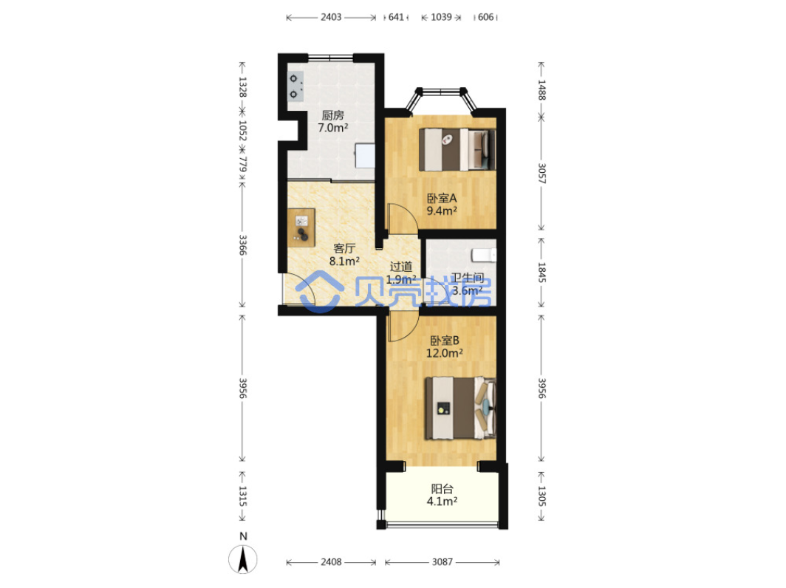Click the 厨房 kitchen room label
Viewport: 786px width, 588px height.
pos(333,115)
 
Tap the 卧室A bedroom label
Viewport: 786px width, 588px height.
pos(442,199)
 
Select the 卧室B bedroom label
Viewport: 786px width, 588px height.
pos(445,341)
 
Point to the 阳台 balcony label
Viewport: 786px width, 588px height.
pos(442,489)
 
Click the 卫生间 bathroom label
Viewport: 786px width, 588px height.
pos(468,278)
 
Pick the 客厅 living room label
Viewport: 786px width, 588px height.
pos(344,249)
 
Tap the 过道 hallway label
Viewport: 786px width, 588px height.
pos(401,267)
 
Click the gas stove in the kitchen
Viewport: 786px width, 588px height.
pos(295,86)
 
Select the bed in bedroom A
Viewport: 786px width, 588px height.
pos(457,149)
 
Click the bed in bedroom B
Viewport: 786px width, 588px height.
pos(461,408)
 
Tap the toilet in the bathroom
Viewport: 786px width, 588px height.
pos(484,255)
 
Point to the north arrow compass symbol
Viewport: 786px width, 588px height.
pos(243,558)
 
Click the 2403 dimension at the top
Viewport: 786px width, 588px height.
pos(331,17)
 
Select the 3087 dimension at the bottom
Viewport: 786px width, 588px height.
pos(442,562)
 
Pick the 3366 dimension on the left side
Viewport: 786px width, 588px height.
pos(242,245)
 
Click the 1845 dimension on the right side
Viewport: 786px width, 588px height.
pos(542,272)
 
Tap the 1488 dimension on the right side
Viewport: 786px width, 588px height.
pos(542,89)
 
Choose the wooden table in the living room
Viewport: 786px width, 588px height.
pos(301,228)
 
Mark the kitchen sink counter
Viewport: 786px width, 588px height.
pos(365,156)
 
